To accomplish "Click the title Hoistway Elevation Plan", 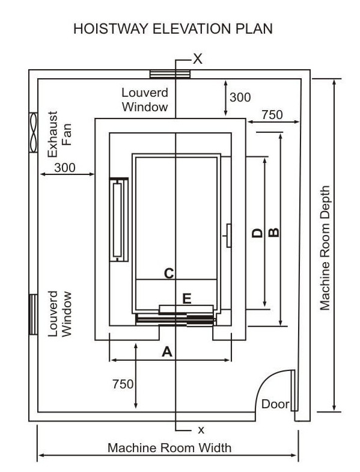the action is [x=173, y=29].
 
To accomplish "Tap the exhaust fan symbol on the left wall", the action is [x=33, y=132].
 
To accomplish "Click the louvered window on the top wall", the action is [x=170, y=74].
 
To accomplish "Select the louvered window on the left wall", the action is [x=33, y=314].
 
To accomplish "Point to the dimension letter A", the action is [x=167, y=351].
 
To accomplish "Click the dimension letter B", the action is [x=274, y=232].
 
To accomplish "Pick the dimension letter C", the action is [x=169, y=274].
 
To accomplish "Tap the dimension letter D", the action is [x=257, y=233].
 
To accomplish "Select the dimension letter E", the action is [x=187, y=299].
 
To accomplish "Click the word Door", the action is [x=275, y=404].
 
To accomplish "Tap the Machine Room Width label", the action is [x=169, y=448].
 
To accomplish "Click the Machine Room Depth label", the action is [x=325, y=248].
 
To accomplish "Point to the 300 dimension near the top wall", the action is [x=240, y=97].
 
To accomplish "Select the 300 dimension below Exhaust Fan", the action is [x=65, y=168].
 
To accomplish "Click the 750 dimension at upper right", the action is [x=272, y=115].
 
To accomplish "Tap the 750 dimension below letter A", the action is [x=123, y=384].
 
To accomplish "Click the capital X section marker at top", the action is [x=198, y=59].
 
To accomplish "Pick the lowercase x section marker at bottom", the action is [x=201, y=430].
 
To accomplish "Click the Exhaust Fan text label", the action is [x=59, y=134].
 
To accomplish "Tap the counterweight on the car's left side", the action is [x=118, y=219].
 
